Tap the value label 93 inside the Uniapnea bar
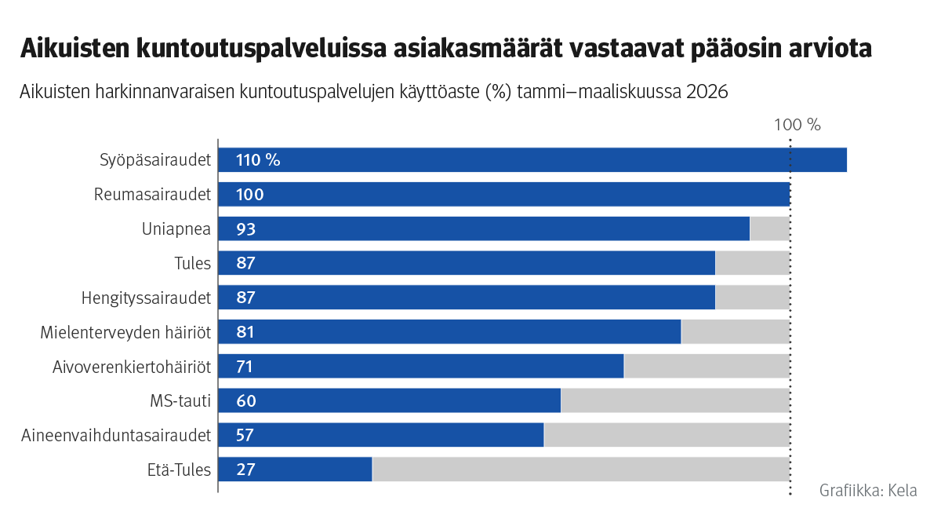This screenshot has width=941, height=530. (x=245, y=229)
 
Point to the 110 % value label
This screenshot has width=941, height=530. (x=258, y=160)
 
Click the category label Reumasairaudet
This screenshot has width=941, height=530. (x=153, y=194)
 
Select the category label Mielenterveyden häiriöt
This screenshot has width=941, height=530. (x=125, y=332)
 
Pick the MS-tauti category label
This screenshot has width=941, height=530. (x=180, y=401)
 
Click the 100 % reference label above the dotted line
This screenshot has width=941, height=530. (x=797, y=125)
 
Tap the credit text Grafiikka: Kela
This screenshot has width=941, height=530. (x=868, y=491)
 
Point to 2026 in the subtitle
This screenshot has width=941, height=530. (x=707, y=92)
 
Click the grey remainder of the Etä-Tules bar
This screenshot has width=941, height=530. (x=580, y=470)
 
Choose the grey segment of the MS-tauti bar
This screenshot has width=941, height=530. (x=674, y=400)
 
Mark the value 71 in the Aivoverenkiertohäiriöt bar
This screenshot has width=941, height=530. (x=245, y=367)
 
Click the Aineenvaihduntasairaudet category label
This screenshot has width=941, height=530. (x=116, y=435)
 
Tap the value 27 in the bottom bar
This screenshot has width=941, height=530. (x=245, y=470)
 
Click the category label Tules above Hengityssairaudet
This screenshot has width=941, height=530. (x=192, y=263)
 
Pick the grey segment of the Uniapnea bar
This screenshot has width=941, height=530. (x=769, y=228)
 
